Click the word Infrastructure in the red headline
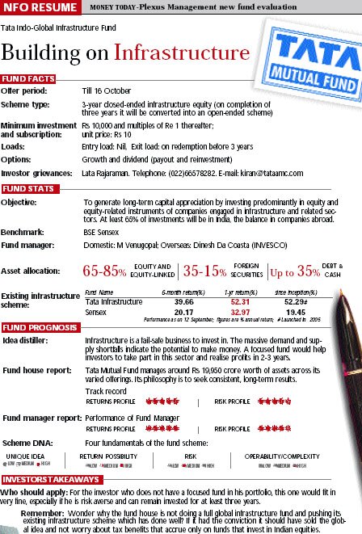pos(182,53)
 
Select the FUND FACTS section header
pos(27,78)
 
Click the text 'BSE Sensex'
pos(102,232)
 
